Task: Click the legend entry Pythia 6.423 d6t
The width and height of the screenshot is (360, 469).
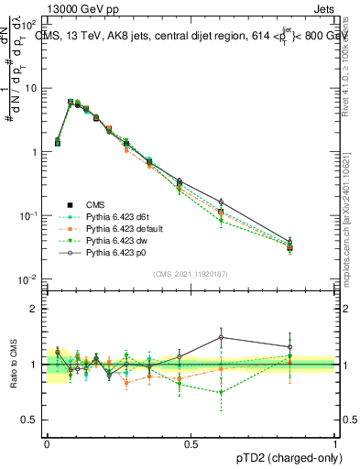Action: tap(113, 216)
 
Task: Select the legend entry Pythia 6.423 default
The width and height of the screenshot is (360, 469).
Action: tap(119, 227)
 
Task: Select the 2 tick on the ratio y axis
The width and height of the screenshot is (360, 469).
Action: tap(36, 309)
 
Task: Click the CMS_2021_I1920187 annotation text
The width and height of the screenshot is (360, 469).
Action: tap(191, 273)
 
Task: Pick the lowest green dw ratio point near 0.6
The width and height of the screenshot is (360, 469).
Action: tap(221, 393)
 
